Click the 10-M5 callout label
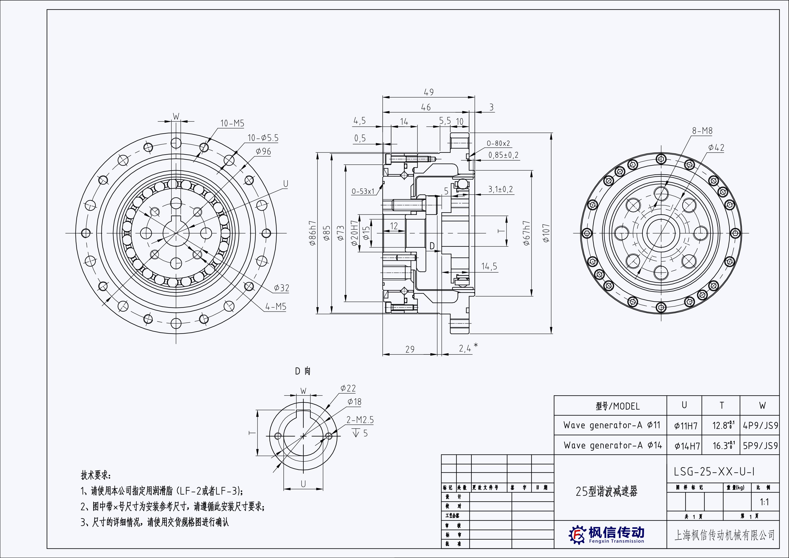tap(232, 123)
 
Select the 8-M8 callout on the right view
tap(702, 131)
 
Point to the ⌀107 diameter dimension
tap(546, 233)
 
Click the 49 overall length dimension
tap(429, 92)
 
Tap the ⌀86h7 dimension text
tap(312, 233)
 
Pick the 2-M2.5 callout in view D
tap(360, 420)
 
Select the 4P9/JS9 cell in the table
tap(760, 426)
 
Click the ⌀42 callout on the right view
tap(716, 148)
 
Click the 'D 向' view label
tap(303, 371)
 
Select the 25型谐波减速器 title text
tap(606, 492)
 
